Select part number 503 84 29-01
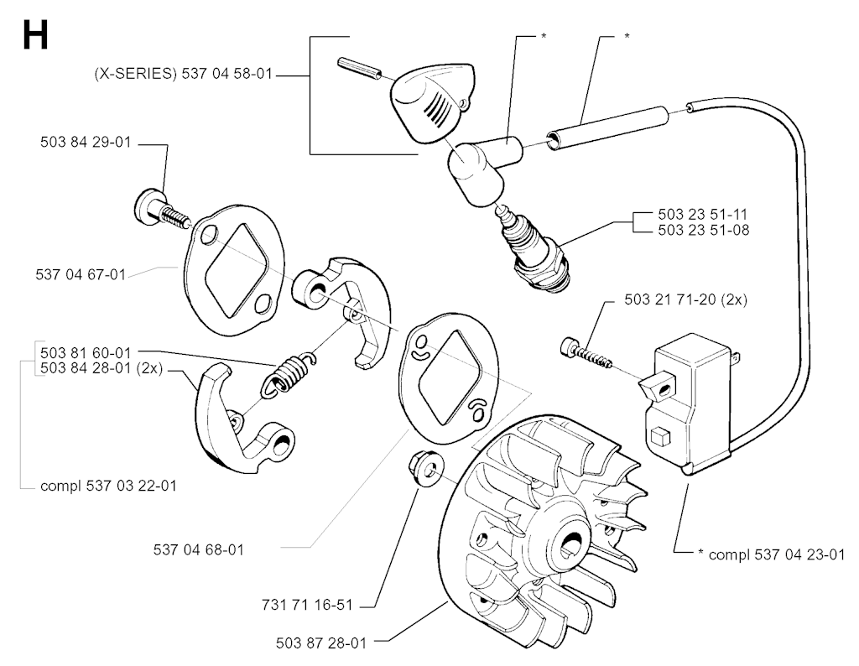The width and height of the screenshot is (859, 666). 86,143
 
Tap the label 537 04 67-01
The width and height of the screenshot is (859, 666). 81,274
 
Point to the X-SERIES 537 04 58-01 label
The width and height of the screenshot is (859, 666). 183,73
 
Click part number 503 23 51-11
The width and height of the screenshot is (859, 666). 704,214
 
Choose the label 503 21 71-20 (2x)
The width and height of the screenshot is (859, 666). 686,299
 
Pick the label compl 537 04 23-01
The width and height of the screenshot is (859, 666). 772,554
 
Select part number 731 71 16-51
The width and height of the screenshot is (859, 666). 307,606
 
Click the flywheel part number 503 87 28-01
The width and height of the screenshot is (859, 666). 321,643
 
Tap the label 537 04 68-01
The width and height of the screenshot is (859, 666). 198,549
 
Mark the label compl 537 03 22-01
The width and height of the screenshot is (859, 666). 108,486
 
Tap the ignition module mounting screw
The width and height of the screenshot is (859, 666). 586,353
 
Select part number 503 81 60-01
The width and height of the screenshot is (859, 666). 86,352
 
